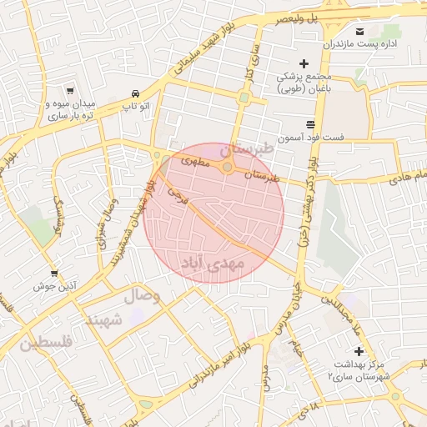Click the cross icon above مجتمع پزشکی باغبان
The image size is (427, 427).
coord(304,63)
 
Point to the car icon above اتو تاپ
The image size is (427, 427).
coord(134,93)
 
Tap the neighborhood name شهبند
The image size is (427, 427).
coord(104,319)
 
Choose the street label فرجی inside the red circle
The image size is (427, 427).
coord(178,194)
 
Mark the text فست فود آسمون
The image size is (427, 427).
coord(301,138)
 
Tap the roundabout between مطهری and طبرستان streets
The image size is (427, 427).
coord(227,168)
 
